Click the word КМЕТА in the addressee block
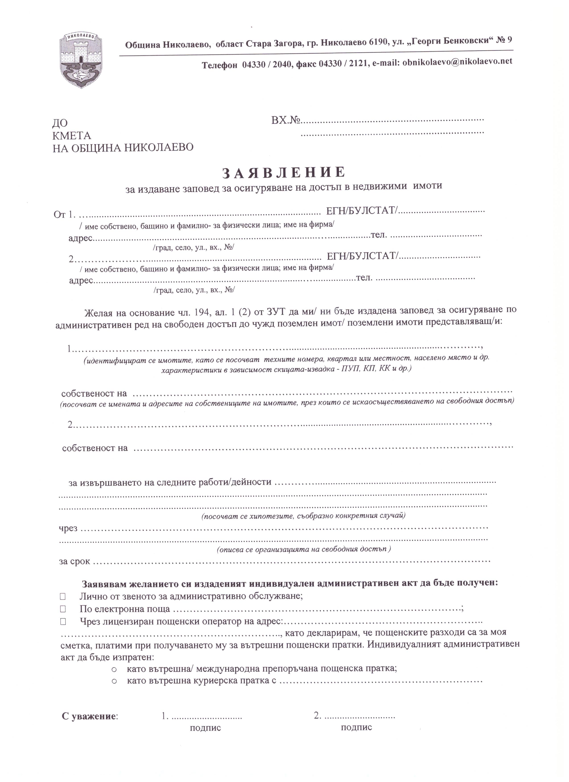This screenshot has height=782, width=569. click(x=72, y=135)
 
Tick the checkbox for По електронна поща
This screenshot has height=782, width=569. click(x=63, y=609)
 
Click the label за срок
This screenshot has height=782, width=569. click(x=74, y=561)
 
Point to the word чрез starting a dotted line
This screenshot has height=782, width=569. click(x=68, y=528)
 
